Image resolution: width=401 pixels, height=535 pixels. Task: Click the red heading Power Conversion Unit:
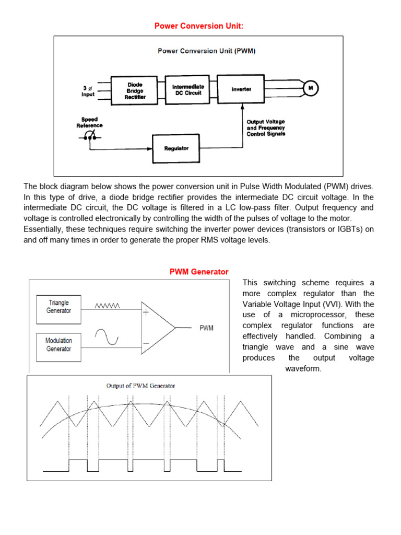click(x=198, y=26)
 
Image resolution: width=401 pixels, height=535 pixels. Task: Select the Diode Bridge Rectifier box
click(x=134, y=90)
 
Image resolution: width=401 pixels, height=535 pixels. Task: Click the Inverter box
click(x=241, y=89)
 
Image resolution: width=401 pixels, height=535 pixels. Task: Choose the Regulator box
click(x=176, y=148)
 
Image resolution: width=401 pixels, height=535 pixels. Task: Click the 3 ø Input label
click(x=88, y=91)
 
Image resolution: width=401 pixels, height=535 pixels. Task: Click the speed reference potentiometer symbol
click(x=90, y=137)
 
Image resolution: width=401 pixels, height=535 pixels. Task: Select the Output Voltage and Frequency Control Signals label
click(x=266, y=128)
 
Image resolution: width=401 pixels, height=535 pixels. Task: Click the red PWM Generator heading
click(x=199, y=272)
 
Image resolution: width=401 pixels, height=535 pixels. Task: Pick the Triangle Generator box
click(x=58, y=307)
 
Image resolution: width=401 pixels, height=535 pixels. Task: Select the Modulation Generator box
click(x=58, y=345)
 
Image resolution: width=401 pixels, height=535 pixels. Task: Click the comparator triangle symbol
click(x=157, y=328)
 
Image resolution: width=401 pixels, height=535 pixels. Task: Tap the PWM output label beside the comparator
click(x=206, y=328)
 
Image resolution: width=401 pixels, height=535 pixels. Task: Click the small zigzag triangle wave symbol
click(x=108, y=307)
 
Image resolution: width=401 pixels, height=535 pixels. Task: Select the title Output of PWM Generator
click(x=140, y=386)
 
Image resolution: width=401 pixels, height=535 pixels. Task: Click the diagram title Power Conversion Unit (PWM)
click(x=206, y=51)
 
